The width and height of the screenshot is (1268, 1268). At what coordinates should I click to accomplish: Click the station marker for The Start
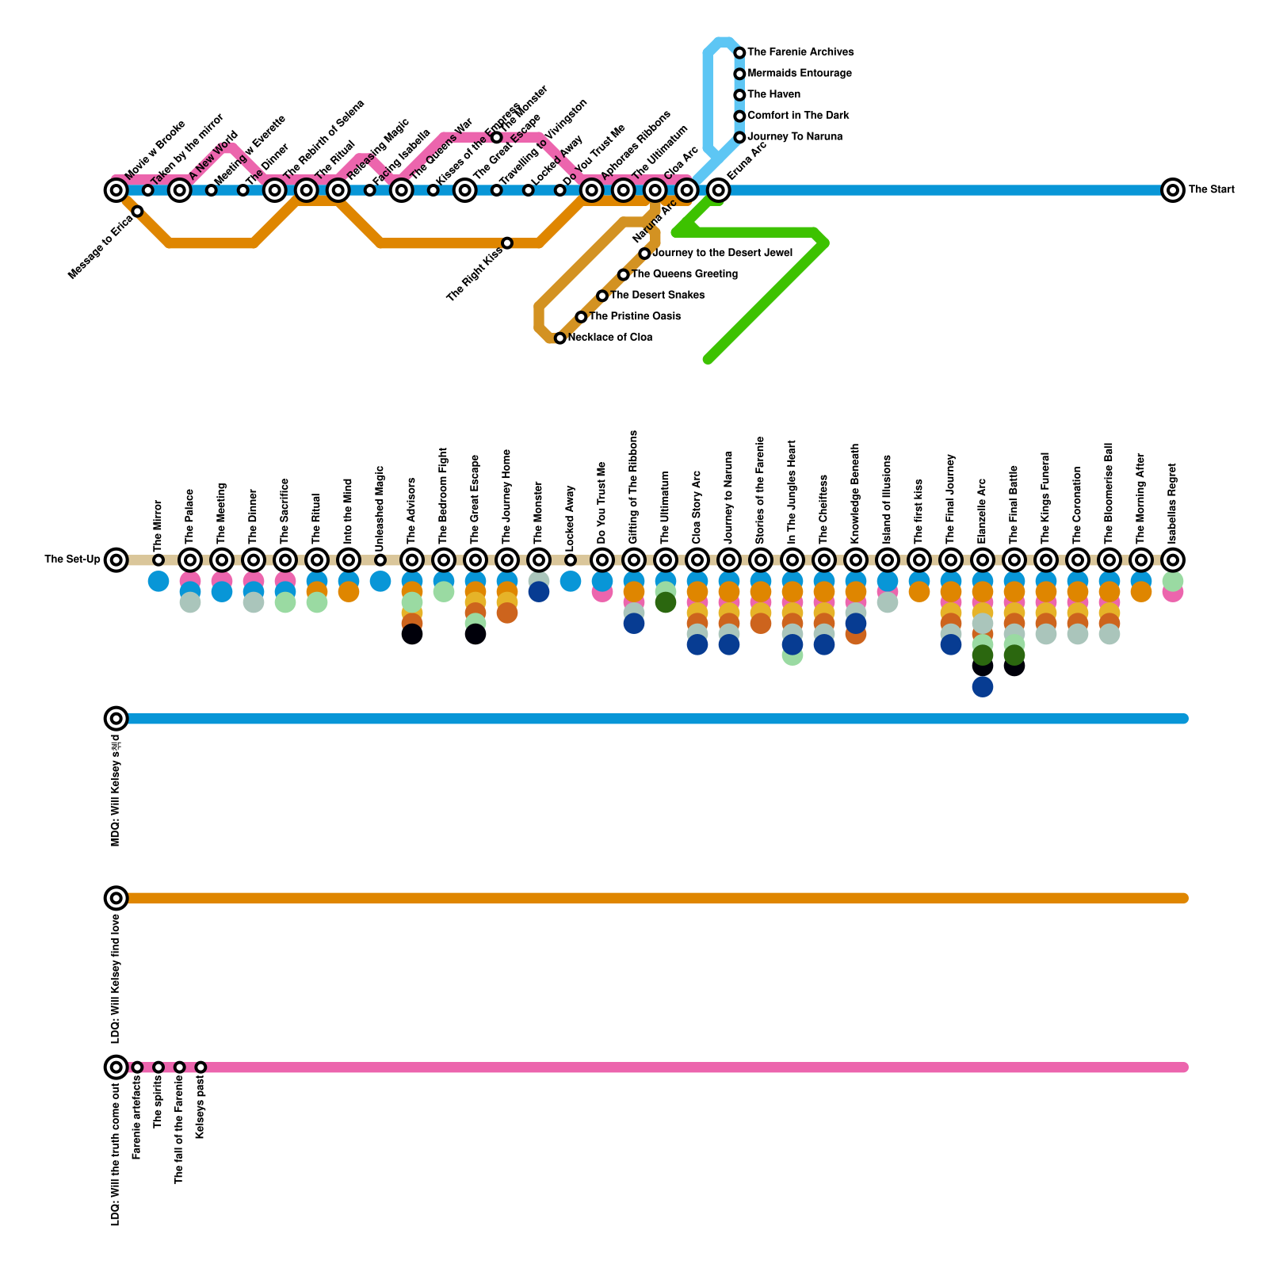pos(1172,190)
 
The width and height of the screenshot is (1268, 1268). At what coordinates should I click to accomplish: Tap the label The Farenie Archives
pos(800,52)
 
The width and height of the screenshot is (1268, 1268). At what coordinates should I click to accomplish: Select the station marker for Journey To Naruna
pos(739,137)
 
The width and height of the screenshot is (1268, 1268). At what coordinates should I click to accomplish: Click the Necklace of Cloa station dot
pos(560,338)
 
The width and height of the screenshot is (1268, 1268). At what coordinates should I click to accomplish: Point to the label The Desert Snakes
pos(657,296)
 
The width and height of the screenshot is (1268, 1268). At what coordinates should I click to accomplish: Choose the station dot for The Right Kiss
pos(507,243)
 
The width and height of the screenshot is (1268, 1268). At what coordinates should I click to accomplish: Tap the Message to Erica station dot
pos(137,211)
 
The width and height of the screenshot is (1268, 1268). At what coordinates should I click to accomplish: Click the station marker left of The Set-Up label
pos(116,560)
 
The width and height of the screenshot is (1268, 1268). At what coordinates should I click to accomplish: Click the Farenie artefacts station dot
pos(137,1067)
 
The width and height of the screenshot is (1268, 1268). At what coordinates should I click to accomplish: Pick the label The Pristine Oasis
pos(635,316)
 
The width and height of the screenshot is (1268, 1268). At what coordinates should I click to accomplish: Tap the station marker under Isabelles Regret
pos(1172,560)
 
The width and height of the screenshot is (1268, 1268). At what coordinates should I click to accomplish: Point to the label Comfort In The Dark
pos(798,116)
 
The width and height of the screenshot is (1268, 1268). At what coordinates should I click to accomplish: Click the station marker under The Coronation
pos(1077,560)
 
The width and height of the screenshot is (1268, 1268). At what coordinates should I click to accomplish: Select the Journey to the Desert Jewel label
pos(722,253)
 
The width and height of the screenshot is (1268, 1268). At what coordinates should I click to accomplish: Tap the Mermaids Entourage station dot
pos(739,74)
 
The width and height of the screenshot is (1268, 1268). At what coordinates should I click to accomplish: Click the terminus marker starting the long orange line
pos(116,898)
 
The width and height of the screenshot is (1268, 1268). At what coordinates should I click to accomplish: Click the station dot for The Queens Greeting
pos(624,275)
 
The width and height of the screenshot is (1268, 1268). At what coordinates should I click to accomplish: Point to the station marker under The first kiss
pos(919,560)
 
